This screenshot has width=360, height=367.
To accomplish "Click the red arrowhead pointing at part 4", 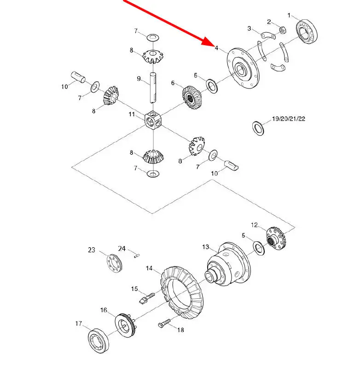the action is click(x=207, y=42).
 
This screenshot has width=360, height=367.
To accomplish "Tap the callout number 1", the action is click(x=289, y=16).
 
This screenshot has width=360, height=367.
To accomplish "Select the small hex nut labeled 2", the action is click(x=282, y=30).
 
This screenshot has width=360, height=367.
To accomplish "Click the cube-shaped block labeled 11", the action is click(x=153, y=120).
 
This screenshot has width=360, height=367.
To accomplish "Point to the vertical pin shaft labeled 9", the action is click(x=153, y=88).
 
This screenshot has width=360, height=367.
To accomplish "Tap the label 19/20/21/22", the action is click(x=289, y=119).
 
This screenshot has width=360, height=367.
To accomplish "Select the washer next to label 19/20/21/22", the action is click(x=258, y=128).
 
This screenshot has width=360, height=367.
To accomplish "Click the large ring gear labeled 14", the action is click(x=182, y=292).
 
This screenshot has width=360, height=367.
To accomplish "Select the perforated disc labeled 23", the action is click(x=115, y=263).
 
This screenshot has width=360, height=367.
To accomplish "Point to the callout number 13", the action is click(x=205, y=247).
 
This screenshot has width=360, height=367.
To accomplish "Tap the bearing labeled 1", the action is click(x=307, y=32).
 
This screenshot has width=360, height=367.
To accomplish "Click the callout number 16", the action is click(x=104, y=310).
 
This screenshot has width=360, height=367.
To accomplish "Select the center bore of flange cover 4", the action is click(x=240, y=69).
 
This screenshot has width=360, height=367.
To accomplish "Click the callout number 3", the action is click(x=250, y=29).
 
